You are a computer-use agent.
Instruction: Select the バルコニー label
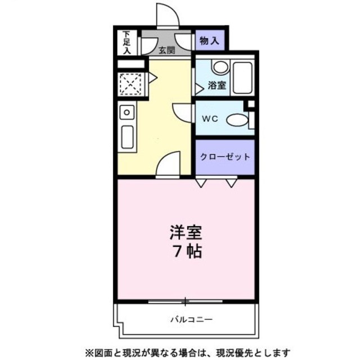pyautogui.click(x=191, y=319)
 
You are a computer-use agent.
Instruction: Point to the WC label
pyautogui.click(x=210, y=119)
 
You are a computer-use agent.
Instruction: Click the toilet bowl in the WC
pyautogui.click(x=237, y=119)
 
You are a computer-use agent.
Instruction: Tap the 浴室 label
pyautogui.click(x=217, y=86)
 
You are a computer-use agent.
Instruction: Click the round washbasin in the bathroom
pyautogui.click(x=220, y=67)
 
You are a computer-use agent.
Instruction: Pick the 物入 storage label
pyautogui.click(x=209, y=40)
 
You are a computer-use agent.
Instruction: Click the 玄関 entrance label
pyautogui.click(x=166, y=50)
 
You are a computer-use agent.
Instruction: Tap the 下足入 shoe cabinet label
pyautogui.click(x=127, y=42)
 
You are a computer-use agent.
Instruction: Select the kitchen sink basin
pyautogui.click(x=128, y=112)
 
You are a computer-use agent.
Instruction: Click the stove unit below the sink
pyautogui.click(x=127, y=136)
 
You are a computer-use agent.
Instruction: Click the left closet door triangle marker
pyautogui.click(x=200, y=182)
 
